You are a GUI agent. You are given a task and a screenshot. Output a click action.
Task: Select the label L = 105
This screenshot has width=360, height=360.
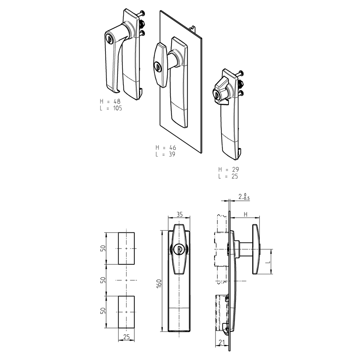click(x=111, y=109)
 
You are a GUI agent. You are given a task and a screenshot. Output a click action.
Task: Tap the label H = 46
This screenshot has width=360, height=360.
click(x=166, y=148)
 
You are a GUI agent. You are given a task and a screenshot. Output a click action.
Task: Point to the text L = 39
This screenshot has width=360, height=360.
click(x=165, y=154)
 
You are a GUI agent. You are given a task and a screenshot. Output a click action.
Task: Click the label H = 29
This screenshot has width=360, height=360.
click(x=228, y=169)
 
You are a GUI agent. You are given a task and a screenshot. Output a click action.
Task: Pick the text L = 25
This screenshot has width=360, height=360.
click(x=228, y=176)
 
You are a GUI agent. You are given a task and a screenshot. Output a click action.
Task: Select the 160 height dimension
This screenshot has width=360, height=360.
click(x=159, y=284)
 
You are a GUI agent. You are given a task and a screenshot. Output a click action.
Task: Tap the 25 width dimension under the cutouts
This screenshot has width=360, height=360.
click(x=126, y=337)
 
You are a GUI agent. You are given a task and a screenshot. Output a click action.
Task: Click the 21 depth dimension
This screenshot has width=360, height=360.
click(x=221, y=343)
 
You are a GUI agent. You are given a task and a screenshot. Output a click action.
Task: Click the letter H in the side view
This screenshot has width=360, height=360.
click(x=246, y=214)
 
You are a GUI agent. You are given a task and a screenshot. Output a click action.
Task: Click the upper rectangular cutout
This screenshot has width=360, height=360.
click(x=126, y=248)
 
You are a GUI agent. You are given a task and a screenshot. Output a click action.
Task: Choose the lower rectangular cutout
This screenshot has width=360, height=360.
click(x=126, y=312)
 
